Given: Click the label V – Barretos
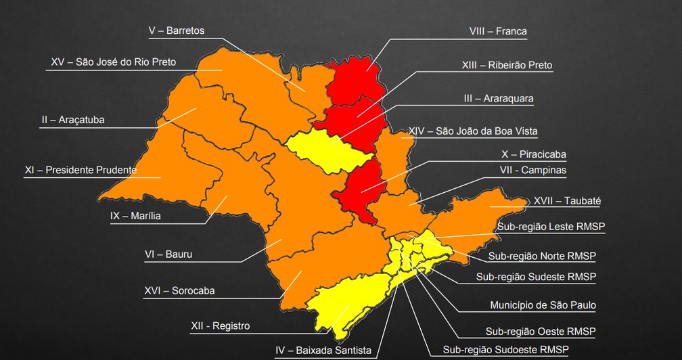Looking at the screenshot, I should point(176,31).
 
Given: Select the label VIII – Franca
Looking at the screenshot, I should point(498,31).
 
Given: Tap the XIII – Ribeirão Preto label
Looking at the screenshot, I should point(507,66).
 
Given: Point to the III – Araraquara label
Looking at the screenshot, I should point(499,99).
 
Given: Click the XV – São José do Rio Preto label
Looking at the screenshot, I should point(113,62).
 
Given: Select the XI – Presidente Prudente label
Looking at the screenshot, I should point(81,170).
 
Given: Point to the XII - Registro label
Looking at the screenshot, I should point(220,326).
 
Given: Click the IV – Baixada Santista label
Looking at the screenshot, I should point(323,351).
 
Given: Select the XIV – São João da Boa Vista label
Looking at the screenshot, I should point(474,131).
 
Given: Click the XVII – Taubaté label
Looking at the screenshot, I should point(567,201).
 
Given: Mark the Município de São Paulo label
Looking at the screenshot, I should point(543,306).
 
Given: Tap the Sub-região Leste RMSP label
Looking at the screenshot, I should point(551,227).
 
